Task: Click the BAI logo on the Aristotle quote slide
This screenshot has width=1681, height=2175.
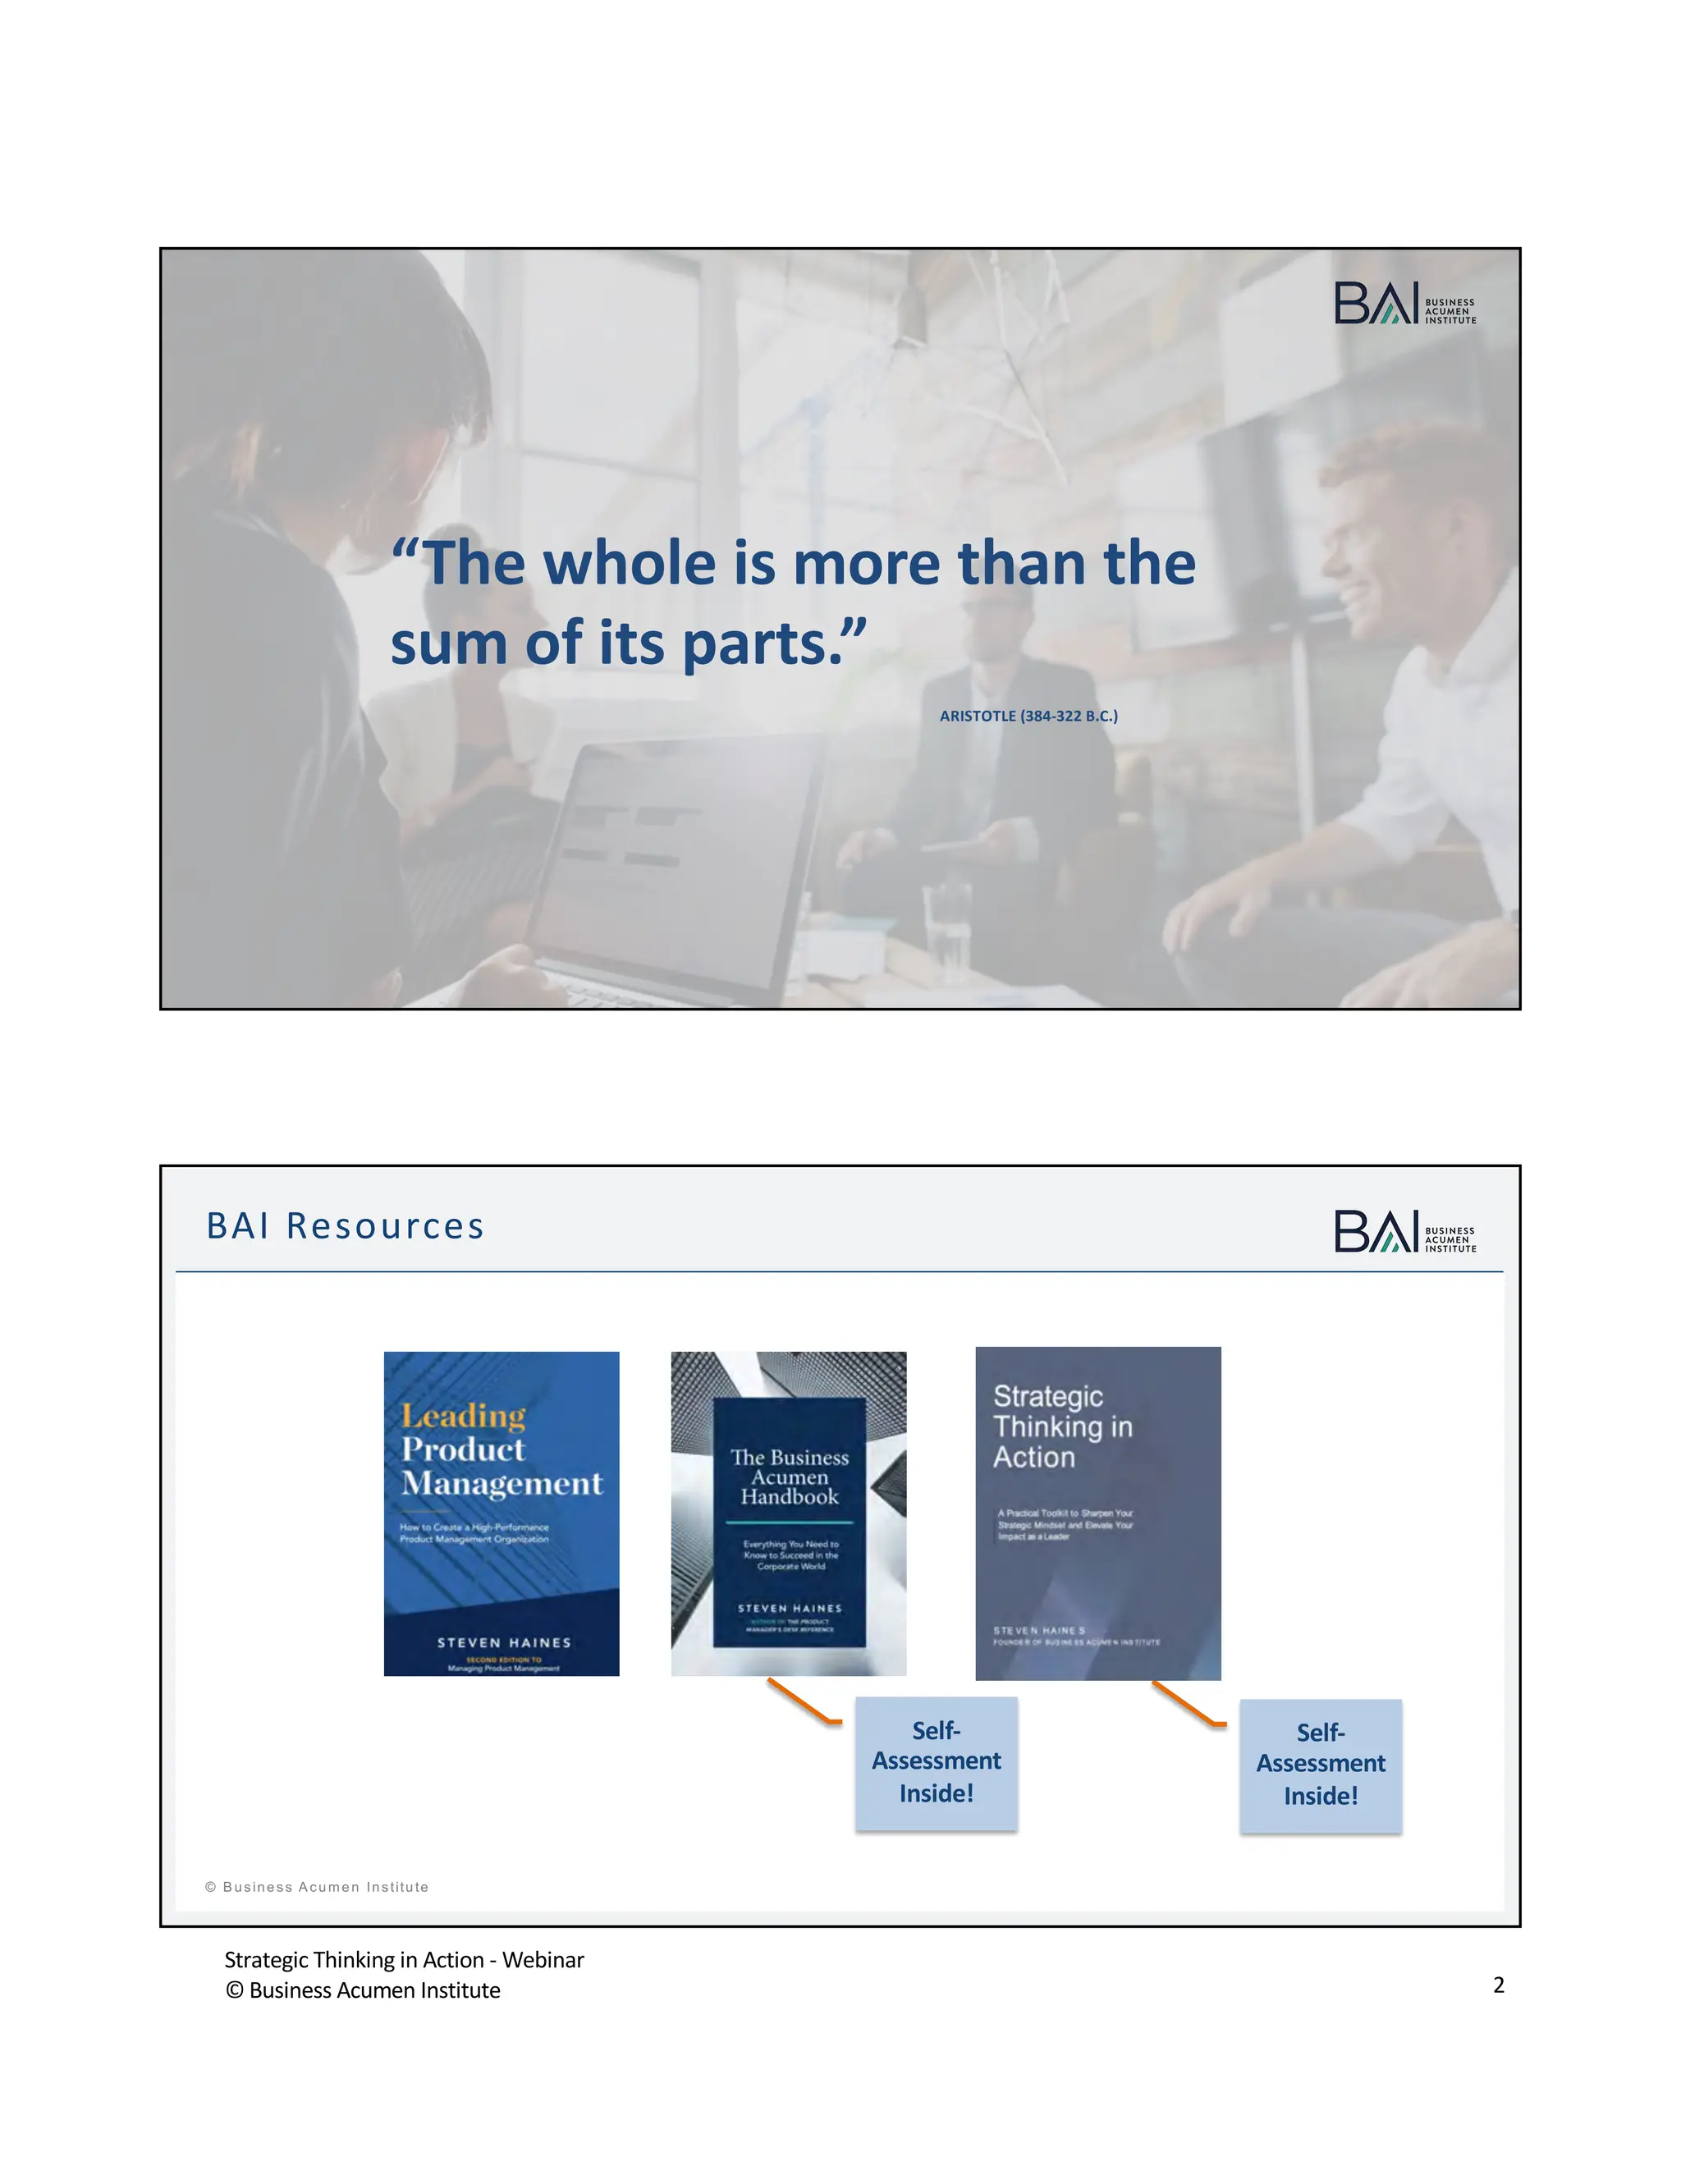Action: tap(1404, 303)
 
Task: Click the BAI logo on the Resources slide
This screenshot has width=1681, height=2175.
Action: tap(1404, 1231)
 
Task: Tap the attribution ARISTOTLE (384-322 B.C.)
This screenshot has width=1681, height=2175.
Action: tap(1028, 716)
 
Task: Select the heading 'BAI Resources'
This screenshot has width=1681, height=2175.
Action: tap(345, 1226)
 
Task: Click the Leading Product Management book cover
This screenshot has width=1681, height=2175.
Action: tap(501, 1513)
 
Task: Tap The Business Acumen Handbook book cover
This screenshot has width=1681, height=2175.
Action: tap(788, 1513)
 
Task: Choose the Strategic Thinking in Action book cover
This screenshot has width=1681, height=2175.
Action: tap(1097, 1513)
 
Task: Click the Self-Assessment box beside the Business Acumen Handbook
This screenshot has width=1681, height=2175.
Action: tap(936, 1763)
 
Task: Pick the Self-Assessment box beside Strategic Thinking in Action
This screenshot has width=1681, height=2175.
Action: tap(1321, 1765)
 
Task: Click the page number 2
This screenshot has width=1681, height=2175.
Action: tap(1498, 1985)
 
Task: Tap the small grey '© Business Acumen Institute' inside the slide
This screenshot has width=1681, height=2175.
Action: tap(317, 1887)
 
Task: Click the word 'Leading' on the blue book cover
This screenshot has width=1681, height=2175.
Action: tap(463, 1416)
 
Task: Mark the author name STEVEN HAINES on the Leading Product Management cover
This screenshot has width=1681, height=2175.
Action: tap(504, 1642)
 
